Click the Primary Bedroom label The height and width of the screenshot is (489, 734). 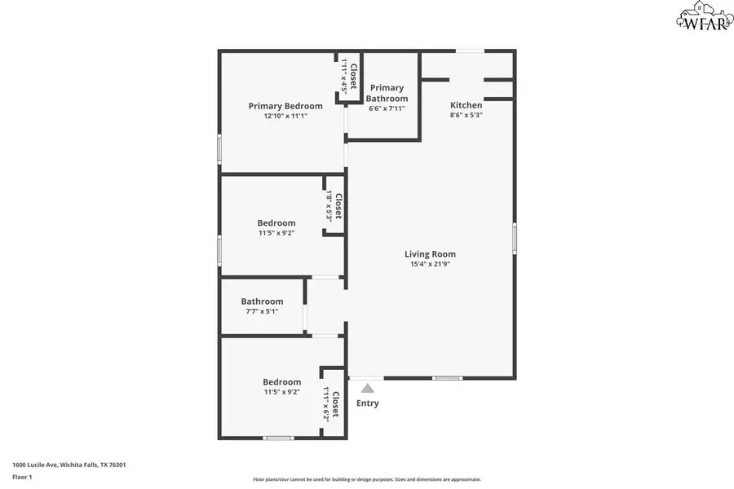pos(285,106)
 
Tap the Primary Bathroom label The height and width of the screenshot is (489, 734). pos(387,93)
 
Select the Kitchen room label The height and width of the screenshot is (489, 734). pos(466,105)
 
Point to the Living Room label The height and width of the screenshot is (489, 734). pos(430,254)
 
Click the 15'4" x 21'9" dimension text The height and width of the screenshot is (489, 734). pos(430,264)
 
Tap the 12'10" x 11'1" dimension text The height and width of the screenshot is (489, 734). pos(285,117)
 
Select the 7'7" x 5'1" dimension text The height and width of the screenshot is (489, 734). pos(262,311)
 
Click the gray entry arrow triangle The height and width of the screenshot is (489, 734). pos(368,389)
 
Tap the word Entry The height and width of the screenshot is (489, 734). pos(367,403)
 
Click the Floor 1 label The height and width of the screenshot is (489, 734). pos(22,477)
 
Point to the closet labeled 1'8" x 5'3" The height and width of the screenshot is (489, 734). pos(333,207)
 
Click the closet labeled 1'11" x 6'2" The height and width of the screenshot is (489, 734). pos(330,403)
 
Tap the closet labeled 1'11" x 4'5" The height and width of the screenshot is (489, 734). pos(349,77)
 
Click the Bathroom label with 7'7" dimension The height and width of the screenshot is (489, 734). pos(262,302)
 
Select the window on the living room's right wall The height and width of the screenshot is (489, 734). pos(515,238)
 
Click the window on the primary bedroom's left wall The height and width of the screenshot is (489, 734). pos(219,149)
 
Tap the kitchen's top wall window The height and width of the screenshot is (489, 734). pos(468,51)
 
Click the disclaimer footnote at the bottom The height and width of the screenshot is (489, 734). pos(367,480)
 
